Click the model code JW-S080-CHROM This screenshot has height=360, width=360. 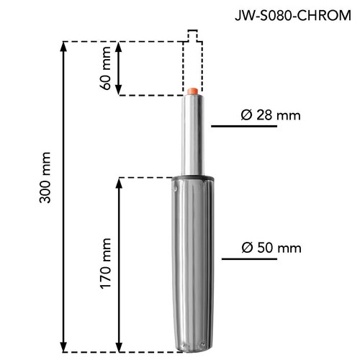pos(293,16)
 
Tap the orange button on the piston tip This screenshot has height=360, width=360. pos(192,91)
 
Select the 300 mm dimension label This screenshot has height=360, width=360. pos(45,177)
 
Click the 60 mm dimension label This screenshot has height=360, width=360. pos(106,68)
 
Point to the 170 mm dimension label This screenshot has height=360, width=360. pos(106,264)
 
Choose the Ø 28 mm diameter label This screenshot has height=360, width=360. pos(271,115)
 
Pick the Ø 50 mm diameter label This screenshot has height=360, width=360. pos(271,248)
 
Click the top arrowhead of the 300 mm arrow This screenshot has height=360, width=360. pos(63,47)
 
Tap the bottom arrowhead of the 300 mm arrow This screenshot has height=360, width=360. pos(63,347)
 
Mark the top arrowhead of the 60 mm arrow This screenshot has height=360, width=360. pos(119,47)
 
